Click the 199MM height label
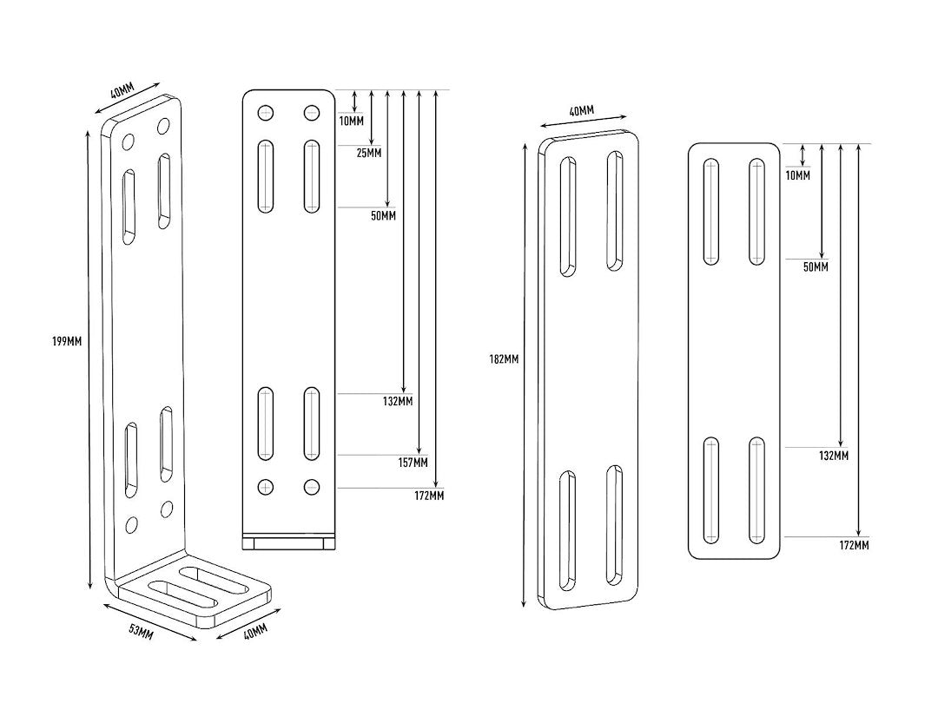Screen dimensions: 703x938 [67, 341]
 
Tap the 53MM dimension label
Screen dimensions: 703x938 [141, 633]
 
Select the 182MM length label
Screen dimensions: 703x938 [504, 359]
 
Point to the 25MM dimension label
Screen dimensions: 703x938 [368, 154]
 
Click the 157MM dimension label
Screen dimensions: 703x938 [413, 463]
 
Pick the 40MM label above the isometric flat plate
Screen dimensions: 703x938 [581, 111]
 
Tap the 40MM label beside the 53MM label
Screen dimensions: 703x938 [255, 633]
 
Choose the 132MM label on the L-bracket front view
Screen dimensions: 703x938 [398, 401]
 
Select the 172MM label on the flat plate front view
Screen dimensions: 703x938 [855, 545]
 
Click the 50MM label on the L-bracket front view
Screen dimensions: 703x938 [382, 215]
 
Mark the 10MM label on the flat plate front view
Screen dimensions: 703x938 [796, 176]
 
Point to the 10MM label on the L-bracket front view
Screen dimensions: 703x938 [352, 120]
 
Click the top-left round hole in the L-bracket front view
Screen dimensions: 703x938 [266, 113]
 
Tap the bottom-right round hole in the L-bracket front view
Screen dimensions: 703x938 [311, 487]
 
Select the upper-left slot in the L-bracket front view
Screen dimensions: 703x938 [266, 176]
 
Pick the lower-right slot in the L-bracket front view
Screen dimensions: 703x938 [311, 424]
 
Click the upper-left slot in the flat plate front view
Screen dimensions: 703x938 [711, 212]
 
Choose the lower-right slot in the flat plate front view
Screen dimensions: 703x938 [756, 489]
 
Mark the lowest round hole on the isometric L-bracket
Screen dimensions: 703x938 [132, 524]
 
